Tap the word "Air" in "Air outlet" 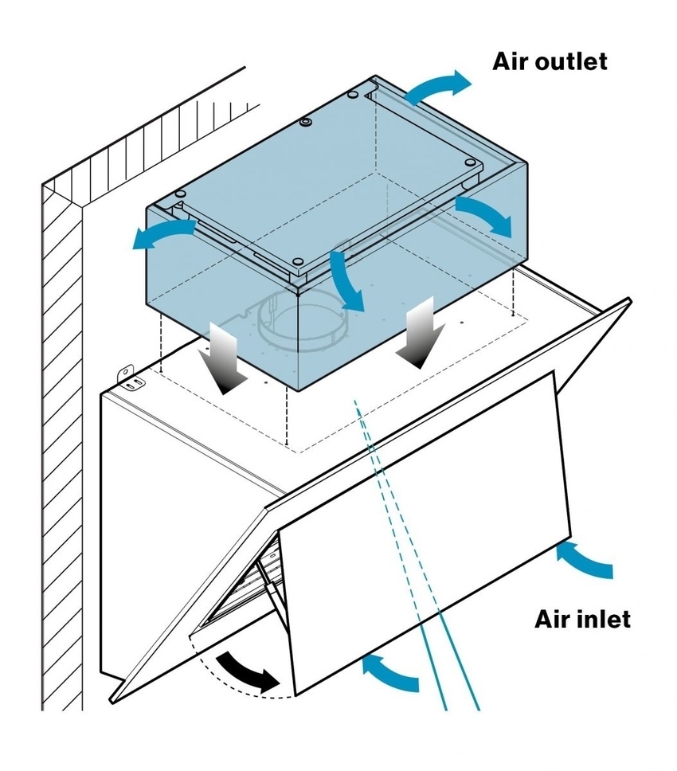coord(510,61)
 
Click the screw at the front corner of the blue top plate coord(296,263)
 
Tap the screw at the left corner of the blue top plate coord(181,194)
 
